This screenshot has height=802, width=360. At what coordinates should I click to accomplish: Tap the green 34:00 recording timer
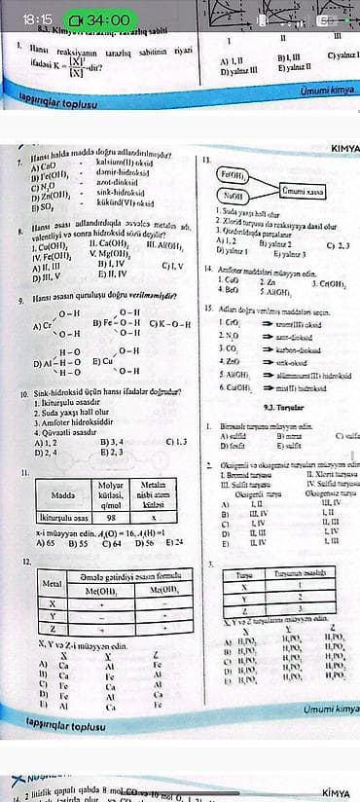tap(96, 18)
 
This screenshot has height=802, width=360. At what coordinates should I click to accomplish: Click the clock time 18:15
tap(36, 18)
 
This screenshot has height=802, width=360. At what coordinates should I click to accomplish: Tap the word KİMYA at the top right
tap(345, 147)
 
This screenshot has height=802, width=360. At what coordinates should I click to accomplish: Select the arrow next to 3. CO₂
tap(248, 374)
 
